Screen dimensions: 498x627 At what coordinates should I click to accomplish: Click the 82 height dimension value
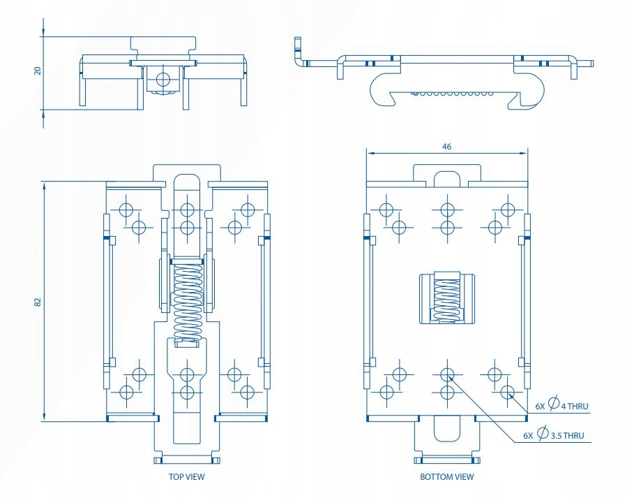38,301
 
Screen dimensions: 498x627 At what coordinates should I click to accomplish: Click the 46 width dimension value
446,147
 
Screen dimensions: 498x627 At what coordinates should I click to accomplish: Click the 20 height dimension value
38,70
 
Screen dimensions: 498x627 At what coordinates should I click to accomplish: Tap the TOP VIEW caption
186,477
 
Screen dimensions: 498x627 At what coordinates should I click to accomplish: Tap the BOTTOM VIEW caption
447,477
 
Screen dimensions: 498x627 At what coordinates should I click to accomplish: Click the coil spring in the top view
186,297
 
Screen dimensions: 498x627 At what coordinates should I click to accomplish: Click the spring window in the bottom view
446,298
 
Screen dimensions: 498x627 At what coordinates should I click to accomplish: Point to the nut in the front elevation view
163,79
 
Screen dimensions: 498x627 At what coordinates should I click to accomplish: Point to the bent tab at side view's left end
299,53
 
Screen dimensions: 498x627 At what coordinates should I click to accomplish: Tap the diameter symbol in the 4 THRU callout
553,404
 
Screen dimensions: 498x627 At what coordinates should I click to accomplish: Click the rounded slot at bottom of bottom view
446,427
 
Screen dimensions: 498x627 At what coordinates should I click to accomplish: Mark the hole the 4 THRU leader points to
508,390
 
